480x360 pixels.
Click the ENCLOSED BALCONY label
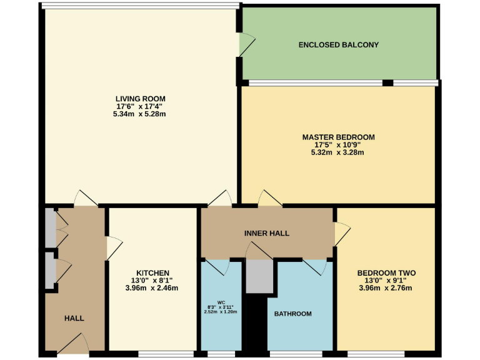click(x=338, y=45)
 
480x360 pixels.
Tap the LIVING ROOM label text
click(x=140, y=99)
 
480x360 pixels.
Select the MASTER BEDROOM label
click(x=338, y=137)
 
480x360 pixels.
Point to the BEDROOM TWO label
click(x=386, y=273)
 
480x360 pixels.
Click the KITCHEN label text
click(x=152, y=273)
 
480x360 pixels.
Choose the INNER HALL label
click(x=266, y=233)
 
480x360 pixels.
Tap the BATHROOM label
click(x=292, y=314)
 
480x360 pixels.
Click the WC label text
click(x=221, y=302)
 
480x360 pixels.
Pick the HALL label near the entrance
click(x=74, y=318)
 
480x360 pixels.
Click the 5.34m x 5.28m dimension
click(x=140, y=114)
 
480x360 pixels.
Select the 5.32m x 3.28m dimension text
click(x=338, y=152)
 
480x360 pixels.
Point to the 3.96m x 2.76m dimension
click(x=386, y=288)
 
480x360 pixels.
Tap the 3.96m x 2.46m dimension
click(x=152, y=288)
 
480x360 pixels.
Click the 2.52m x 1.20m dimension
click(x=221, y=311)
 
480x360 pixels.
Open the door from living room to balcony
click(x=246, y=44)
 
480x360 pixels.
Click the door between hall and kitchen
click(x=113, y=248)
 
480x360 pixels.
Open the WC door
click(x=217, y=267)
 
